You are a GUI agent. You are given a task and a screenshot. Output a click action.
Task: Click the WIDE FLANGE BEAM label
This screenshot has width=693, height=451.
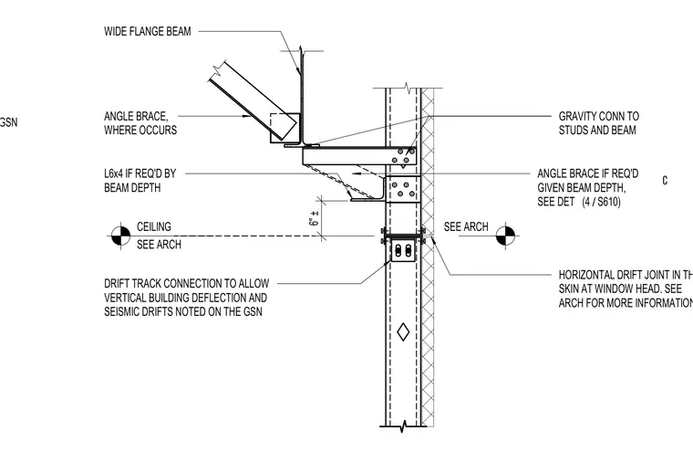pos(148,31)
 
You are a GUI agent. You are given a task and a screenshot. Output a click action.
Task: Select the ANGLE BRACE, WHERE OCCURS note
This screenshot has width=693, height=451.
pos(140,123)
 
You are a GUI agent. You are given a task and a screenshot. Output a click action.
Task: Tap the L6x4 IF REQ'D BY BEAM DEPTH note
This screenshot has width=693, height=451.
pos(140,181)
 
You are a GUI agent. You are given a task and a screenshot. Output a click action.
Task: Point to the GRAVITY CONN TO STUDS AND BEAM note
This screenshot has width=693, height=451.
pos(599,123)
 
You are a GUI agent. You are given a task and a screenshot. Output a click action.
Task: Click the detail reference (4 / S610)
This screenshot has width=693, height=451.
pos(601,202)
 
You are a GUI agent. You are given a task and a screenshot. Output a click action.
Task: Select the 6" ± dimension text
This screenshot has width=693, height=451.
pos(315,218)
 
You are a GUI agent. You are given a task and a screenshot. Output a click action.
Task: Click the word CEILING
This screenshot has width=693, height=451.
pos(154,226)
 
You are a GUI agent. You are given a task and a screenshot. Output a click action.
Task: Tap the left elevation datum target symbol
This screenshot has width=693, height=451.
pos(120,236)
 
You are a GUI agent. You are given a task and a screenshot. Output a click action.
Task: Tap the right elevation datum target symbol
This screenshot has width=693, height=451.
pos(505,236)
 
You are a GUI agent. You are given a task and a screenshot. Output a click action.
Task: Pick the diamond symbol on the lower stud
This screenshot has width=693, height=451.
pos(403,332)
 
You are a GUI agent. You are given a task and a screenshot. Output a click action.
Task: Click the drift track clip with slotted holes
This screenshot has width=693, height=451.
pos(403,250)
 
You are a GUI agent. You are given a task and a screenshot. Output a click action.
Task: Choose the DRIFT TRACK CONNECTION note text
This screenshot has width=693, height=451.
pos(187,298)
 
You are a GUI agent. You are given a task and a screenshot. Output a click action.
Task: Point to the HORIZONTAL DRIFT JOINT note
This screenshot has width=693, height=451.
pos(626,289)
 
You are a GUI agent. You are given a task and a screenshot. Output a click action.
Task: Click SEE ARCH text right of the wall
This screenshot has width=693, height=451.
pos(466,226)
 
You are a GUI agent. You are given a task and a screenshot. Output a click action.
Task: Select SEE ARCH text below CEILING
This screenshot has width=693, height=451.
pos(159,245)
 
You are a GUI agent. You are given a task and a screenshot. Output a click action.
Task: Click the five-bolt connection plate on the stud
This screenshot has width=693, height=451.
pos(403,189)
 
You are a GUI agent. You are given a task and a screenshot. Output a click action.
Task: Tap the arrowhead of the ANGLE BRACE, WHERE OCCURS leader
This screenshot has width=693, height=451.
pos(245,116)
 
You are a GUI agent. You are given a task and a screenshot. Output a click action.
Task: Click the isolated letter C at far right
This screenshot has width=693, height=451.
pos(665,181)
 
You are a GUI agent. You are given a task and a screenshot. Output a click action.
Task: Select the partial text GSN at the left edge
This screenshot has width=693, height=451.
pos(8,122)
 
